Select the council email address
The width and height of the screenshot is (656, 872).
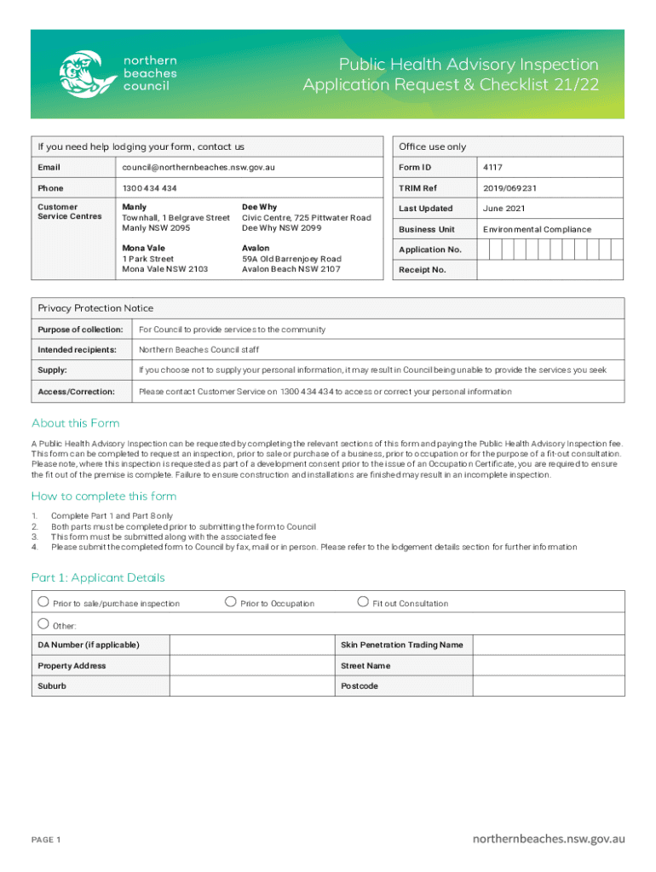pos(199,168)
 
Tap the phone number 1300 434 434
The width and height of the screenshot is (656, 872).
pos(150,188)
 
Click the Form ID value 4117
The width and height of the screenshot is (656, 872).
pos(492,168)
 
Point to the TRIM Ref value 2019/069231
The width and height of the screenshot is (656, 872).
pos(509,188)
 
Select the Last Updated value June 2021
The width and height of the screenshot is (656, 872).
pos(504,209)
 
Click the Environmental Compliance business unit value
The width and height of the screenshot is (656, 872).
pos(537,229)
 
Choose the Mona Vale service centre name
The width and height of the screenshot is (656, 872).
pos(141,248)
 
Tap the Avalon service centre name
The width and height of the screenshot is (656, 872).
pos(256,248)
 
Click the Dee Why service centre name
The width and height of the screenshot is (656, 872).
pos(259,207)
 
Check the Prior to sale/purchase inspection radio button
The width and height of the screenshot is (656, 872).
pos(43,602)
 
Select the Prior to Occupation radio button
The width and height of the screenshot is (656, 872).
pos(230,602)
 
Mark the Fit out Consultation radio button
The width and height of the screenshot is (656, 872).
pos(363,602)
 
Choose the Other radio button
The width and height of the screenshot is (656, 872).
pos(43,624)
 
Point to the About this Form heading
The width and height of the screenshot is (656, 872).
pos(76,423)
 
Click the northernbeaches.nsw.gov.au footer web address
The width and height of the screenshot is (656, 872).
pos(549,839)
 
